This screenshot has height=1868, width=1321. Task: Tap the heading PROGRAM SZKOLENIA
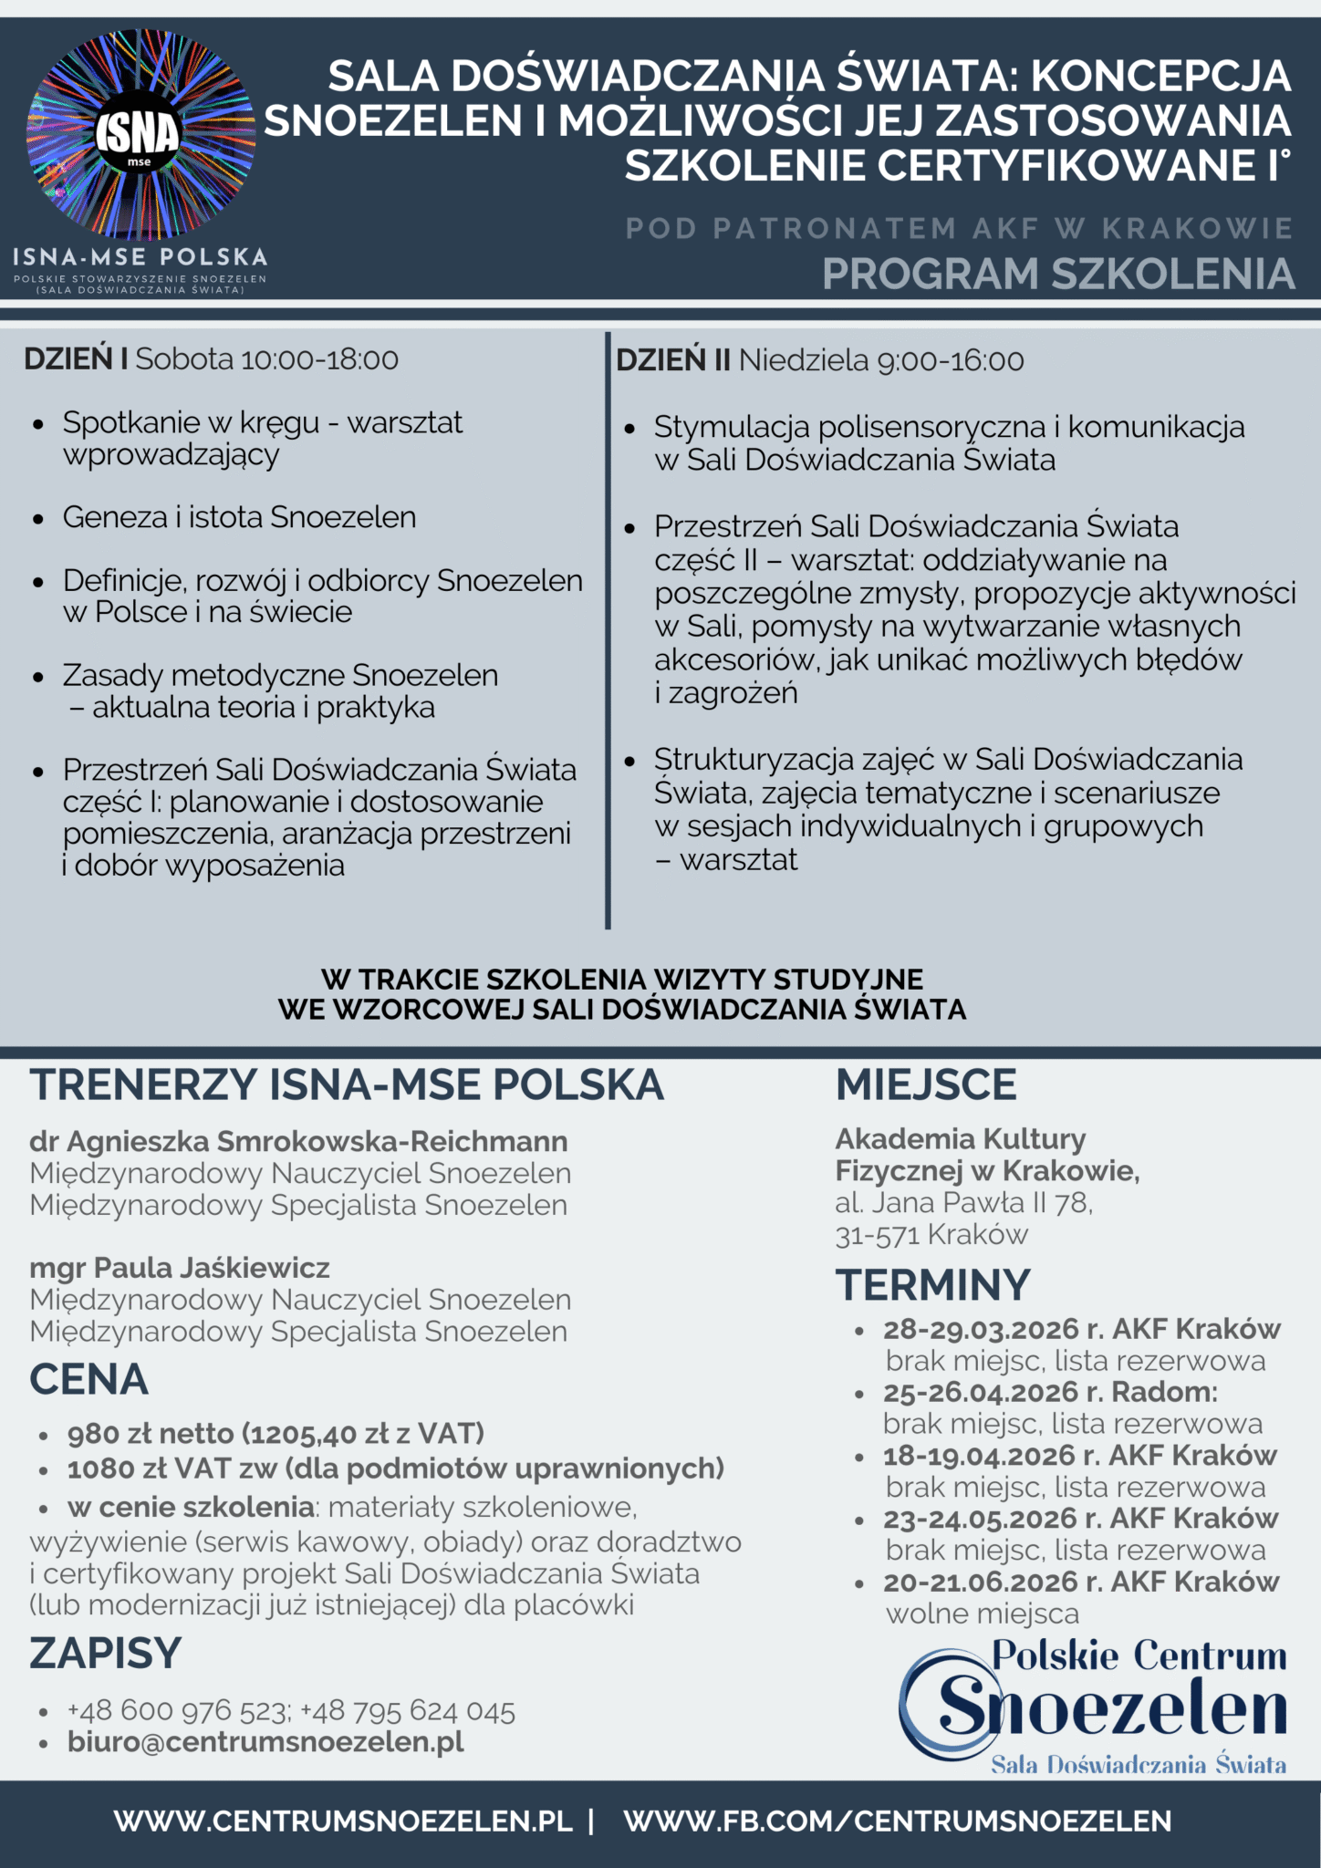pos(1058,274)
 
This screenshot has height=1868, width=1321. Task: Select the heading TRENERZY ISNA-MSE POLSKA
pos(347,1084)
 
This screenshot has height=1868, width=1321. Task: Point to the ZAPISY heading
pos(106,1653)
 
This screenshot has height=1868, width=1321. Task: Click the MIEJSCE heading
pos(926,1084)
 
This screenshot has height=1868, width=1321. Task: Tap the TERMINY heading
pos(932,1285)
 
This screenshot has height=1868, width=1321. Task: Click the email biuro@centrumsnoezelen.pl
pos(265,1741)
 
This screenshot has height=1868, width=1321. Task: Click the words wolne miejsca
pos(982,1614)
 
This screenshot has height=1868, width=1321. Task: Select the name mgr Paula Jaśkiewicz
pos(180,1268)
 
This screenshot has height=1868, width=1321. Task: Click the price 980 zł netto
pos(151,1434)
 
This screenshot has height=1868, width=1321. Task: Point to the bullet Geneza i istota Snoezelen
pos(239,517)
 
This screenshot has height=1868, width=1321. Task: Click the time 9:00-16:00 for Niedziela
pos(950,360)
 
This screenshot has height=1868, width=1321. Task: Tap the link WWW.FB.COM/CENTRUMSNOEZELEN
pos(898,1821)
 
